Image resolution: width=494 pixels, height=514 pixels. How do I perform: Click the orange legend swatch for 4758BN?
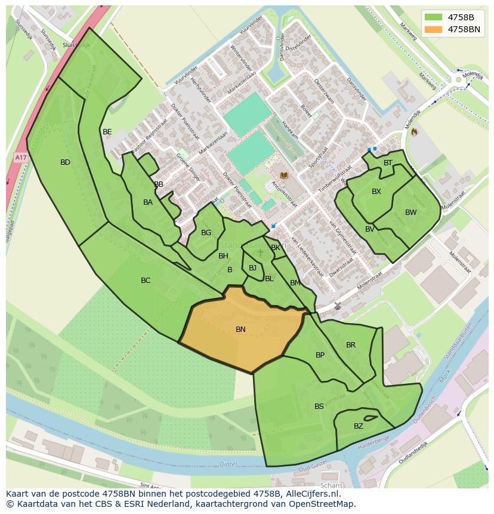coord(434,29)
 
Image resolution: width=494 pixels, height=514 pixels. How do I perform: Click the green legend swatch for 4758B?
coord(434,17)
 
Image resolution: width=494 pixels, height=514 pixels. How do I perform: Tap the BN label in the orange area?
coord(240,330)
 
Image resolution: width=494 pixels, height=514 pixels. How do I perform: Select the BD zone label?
coord(65,162)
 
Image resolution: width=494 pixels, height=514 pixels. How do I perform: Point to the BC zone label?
coord(146,281)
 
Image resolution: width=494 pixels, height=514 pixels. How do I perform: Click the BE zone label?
coord(107,132)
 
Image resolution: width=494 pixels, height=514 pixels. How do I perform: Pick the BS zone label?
coord(319,407)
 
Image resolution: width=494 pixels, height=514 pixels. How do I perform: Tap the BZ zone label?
coord(358,426)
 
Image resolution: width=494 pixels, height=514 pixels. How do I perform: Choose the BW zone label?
coord(411,213)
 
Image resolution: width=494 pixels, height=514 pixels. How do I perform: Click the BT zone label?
coord(388,163)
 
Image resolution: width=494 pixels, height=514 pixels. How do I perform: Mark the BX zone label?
coord(376,192)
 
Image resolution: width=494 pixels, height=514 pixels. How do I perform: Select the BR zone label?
coord(351,345)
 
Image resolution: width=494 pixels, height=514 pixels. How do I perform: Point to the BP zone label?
coord(320,355)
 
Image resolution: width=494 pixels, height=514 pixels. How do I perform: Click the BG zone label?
coord(206,233)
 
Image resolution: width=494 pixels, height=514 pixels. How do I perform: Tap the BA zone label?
coord(148,202)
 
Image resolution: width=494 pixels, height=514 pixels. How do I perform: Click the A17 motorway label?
coord(21,157)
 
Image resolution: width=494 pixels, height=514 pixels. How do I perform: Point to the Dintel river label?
coord(229,464)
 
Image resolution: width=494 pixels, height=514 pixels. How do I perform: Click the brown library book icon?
coord(284,176)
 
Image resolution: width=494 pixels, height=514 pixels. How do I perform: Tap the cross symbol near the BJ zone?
coord(260,253)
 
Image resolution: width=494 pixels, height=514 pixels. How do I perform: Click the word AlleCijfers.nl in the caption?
coord(311,494)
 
